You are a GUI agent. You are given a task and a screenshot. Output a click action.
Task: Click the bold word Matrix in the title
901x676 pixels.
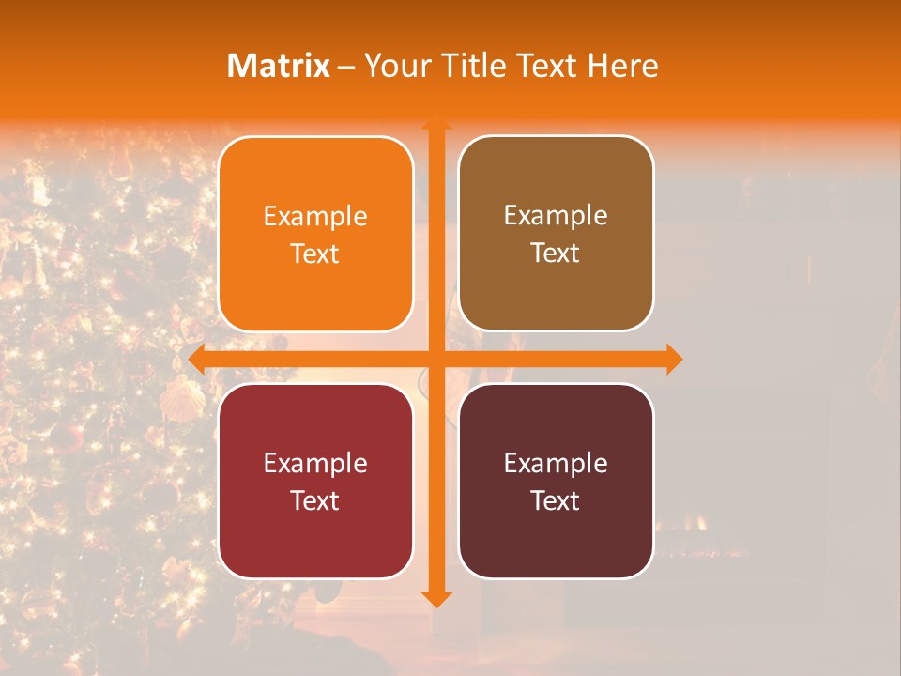279,66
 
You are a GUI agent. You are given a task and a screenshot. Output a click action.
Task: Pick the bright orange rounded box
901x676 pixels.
315,234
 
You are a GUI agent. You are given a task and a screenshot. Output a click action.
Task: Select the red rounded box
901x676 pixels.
315,481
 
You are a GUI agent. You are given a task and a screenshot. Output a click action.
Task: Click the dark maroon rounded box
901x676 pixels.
556,481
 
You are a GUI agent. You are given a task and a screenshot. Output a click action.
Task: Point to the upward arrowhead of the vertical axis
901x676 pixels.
435,122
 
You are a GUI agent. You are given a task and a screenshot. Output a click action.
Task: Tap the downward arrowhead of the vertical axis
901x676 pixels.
435,598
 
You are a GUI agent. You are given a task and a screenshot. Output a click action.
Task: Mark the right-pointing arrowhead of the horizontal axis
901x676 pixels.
673,359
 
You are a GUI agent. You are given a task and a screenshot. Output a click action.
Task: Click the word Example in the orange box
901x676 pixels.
315,216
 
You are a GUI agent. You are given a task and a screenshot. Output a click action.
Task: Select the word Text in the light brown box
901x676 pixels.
556,253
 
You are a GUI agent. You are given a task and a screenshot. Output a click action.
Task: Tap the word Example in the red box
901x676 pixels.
315,463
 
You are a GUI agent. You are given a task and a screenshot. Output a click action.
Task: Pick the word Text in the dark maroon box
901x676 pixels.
556,500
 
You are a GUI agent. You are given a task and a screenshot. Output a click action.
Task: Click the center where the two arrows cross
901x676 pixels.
435,359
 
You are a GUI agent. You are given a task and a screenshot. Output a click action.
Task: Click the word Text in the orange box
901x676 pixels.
315,253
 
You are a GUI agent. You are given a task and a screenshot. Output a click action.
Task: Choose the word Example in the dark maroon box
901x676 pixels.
556,463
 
